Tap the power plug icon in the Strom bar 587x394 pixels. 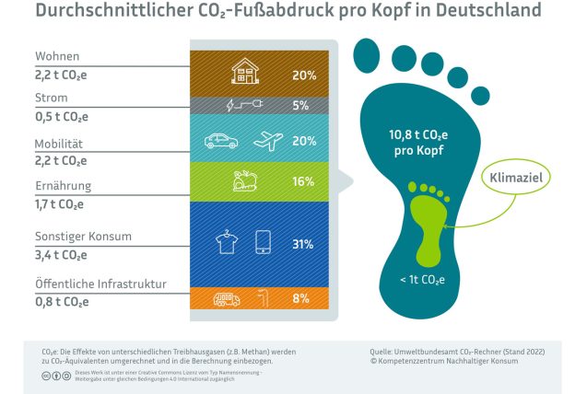[252, 105]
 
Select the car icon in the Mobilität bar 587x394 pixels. [222, 142]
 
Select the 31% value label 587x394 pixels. [303, 245]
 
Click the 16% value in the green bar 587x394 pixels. [303, 181]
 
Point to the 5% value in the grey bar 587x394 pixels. [300, 105]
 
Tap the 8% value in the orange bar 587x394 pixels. [300, 298]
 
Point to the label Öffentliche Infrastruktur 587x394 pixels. [88, 284]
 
